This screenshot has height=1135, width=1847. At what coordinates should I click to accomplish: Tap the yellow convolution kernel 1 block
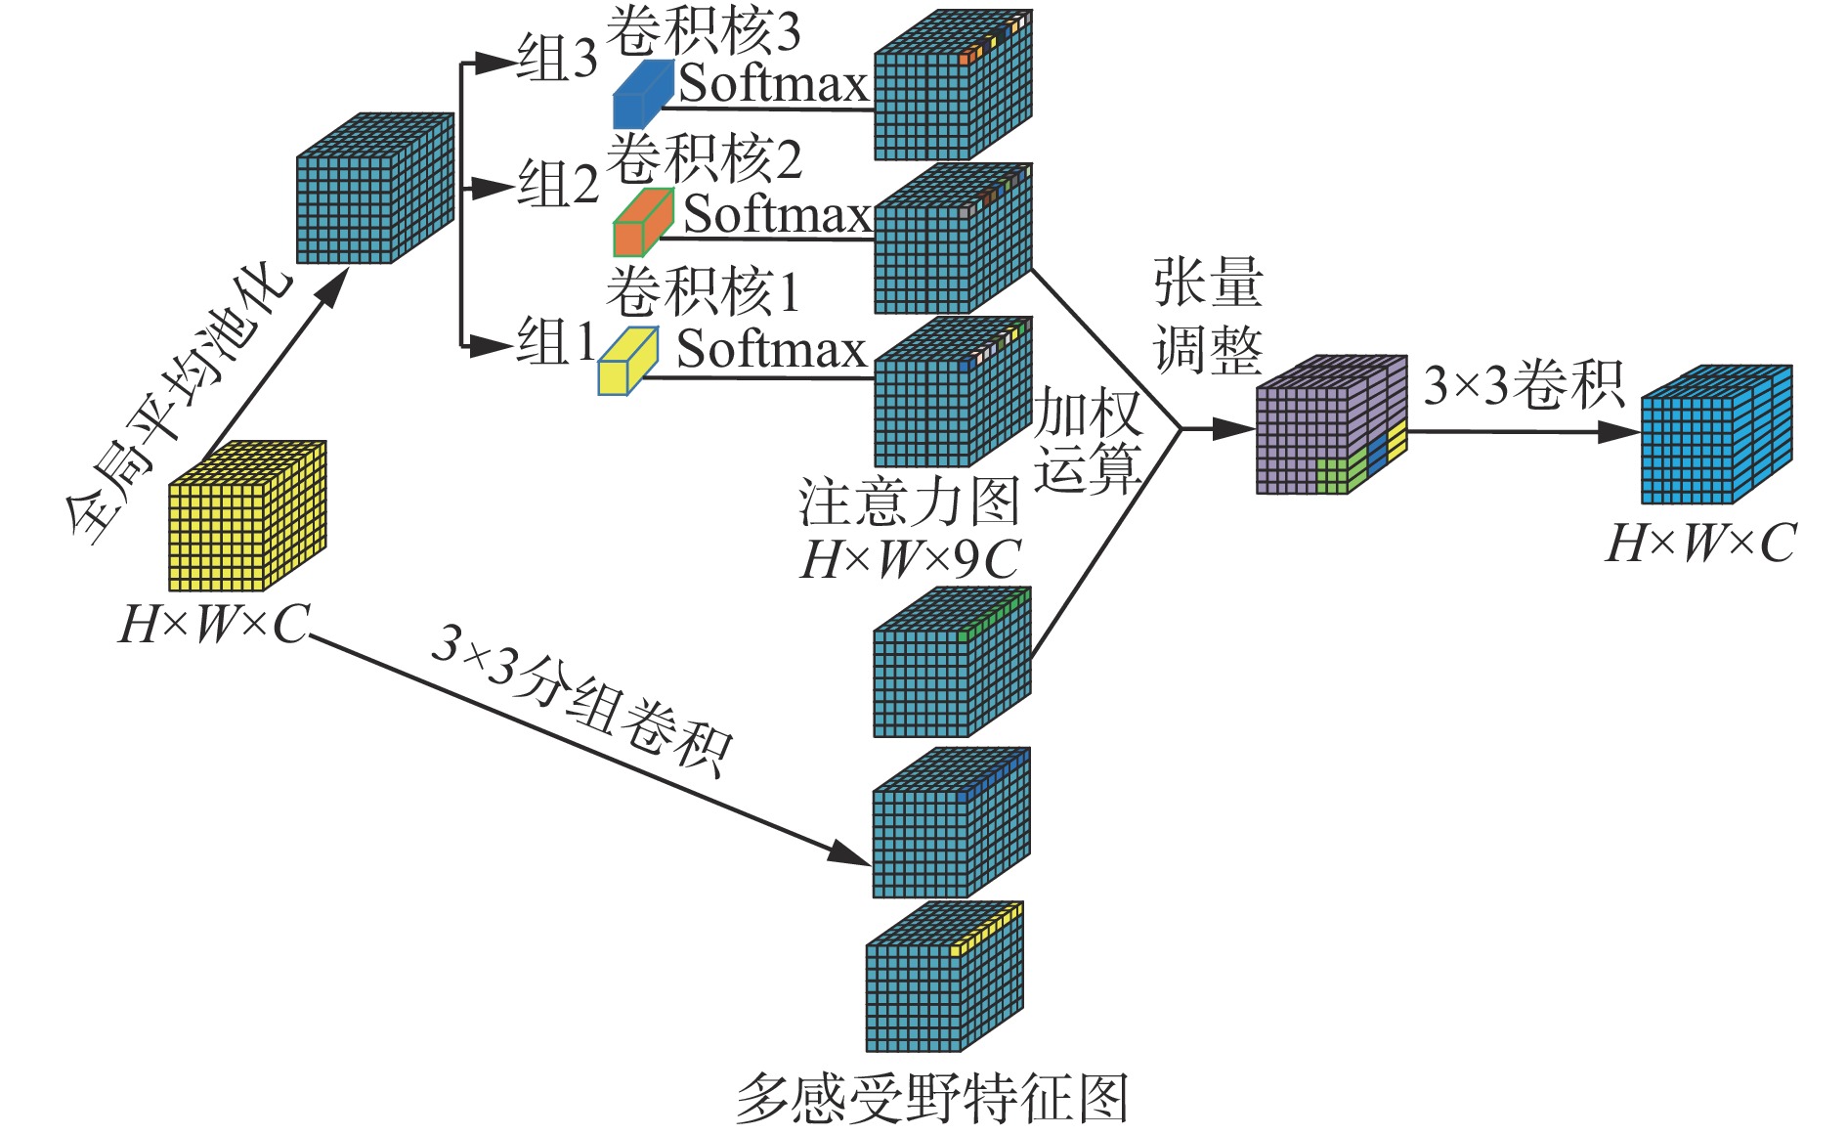tap(627, 362)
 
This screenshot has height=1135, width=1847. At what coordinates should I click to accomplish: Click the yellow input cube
tap(246, 516)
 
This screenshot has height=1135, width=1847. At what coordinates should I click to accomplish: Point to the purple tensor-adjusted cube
tap(1329, 425)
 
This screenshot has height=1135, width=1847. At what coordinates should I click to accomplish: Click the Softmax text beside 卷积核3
tap(774, 84)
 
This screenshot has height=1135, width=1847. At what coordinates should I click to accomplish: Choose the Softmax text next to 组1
tap(772, 349)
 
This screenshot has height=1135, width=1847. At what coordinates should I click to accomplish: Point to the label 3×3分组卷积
tap(581, 700)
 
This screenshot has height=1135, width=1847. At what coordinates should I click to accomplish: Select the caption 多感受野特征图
tap(932, 1098)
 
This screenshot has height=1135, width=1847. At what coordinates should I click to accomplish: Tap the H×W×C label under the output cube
tap(1701, 544)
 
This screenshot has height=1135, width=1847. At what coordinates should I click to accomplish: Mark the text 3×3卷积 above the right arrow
tap(1523, 385)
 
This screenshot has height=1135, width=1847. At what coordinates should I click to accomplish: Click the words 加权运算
tap(1088, 440)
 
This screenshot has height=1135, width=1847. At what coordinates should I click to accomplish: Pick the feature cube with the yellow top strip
tap(944, 978)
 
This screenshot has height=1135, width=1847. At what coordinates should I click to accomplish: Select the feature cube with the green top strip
tap(951, 663)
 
